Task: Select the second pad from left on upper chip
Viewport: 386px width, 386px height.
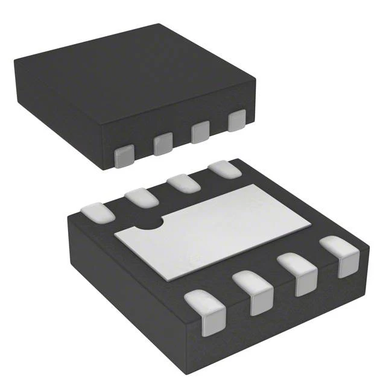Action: (163, 144)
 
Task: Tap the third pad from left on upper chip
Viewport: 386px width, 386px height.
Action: (200, 133)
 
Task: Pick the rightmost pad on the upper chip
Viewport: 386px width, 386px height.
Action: (237, 120)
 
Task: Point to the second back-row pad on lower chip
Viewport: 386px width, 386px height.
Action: (142, 197)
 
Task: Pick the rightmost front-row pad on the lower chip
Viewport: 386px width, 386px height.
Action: (340, 256)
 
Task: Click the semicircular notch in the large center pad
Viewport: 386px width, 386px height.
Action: (150, 225)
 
